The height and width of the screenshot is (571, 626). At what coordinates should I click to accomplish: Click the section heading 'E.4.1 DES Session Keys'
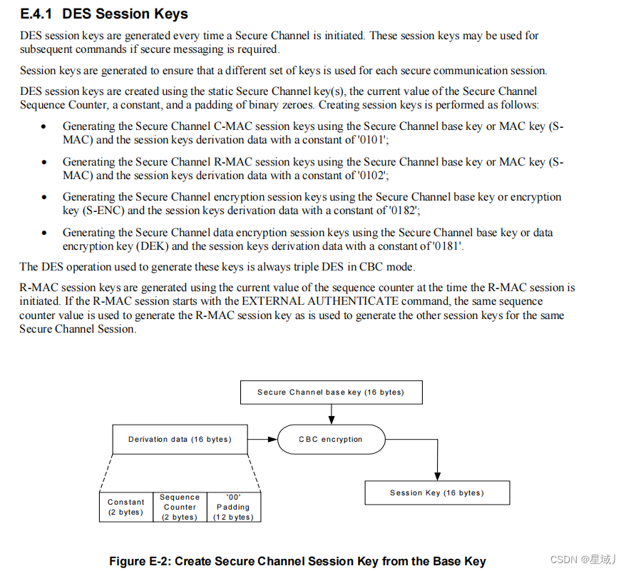point(104,14)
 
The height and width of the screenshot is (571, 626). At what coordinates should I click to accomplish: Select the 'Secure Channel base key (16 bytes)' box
point(330,392)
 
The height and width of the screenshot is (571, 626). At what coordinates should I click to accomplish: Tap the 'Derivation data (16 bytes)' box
point(180,439)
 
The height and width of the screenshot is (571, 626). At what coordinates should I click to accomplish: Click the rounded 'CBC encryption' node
point(330,439)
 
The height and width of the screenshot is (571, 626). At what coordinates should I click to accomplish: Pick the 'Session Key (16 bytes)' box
point(436,492)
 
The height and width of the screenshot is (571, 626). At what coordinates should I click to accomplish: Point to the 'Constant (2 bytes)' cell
point(125,507)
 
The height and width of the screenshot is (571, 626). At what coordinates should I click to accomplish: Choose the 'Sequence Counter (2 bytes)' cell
point(179,507)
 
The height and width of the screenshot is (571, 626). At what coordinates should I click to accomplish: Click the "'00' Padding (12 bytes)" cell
point(233,507)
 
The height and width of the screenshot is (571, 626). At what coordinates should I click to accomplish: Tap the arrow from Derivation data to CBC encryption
point(262,439)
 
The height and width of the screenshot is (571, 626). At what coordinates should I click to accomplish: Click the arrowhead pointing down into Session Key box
point(437,475)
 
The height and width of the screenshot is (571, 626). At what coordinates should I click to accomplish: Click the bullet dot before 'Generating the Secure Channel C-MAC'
point(44,127)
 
